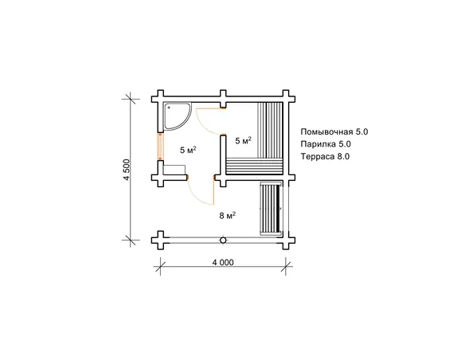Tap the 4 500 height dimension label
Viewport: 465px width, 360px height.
coord(127,170)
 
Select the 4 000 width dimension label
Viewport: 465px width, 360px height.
coord(223,263)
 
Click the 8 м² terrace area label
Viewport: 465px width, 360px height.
coord(228,215)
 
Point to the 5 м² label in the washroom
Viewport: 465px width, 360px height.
coord(189,150)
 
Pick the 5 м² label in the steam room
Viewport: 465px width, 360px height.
coord(243,140)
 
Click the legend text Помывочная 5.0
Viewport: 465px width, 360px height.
coord(334,131)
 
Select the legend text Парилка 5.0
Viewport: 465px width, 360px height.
coord(326,144)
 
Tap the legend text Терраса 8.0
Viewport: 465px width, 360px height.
coord(325,156)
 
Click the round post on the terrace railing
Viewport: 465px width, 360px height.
coord(223,241)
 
